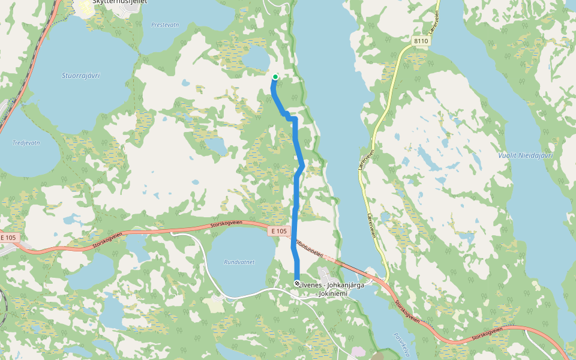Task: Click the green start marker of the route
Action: tap(275, 77)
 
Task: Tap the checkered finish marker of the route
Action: tap(297, 283)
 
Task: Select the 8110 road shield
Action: tap(421, 41)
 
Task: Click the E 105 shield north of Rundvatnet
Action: tap(280, 231)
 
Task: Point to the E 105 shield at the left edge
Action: tap(8, 238)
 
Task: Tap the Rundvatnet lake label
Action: tap(239, 262)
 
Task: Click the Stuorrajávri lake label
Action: tap(81, 76)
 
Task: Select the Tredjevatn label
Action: tap(26, 143)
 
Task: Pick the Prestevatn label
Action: tap(165, 25)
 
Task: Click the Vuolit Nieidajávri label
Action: tap(526, 155)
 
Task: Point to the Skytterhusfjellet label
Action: tap(121, 2)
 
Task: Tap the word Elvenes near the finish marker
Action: tap(313, 284)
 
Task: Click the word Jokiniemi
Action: tap(334, 293)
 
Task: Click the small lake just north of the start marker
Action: tap(257, 58)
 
